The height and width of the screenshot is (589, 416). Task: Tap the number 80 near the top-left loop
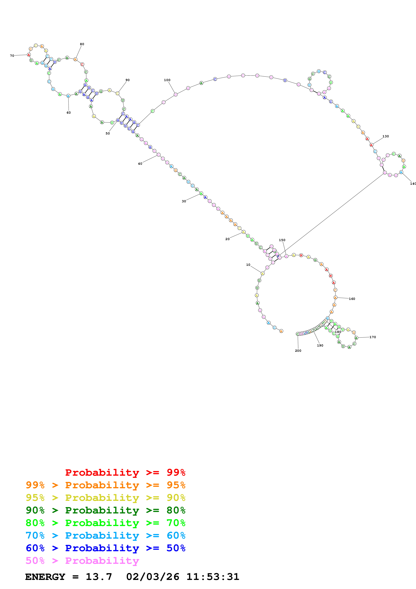pyautogui.click(x=82, y=44)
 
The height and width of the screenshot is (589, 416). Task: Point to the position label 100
pyautogui.click(x=167, y=80)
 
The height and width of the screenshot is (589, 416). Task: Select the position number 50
pyautogui.click(x=108, y=133)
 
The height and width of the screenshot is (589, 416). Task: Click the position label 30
pyautogui.click(x=184, y=201)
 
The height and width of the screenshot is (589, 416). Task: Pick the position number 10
pyautogui.click(x=248, y=265)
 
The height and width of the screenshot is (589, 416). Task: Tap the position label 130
pyautogui.click(x=385, y=136)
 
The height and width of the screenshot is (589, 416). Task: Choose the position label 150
pyautogui.click(x=282, y=240)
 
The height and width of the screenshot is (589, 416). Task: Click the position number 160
pyautogui.click(x=352, y=299)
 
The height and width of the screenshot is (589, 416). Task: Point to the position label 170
pyautogui.click(x=373, y=337)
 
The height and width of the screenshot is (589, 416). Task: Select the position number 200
pyautogui.click(x=298, y=351)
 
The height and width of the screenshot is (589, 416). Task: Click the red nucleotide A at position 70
pyautogui.click(x=29, y=55)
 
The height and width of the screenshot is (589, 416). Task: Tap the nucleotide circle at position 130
pyautogui.click(x=371, y=145)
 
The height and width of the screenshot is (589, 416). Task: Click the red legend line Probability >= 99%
pyautogui.click(x=125, y=472)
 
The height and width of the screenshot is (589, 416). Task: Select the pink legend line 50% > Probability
pyautogui.click(x=82, y=561)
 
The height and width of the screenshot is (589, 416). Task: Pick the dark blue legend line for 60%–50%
pyautogui.click(x=105, y=548)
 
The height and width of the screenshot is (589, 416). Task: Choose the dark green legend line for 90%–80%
pyautogui.click(x=105, y=510)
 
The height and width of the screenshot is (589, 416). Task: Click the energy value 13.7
pyautogui.click(x=99, y=577)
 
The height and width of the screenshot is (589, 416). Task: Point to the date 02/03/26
pyautogui.click(x=153, y=577)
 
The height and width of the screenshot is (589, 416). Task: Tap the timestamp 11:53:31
pyautogui.click(x=213, y=577)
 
